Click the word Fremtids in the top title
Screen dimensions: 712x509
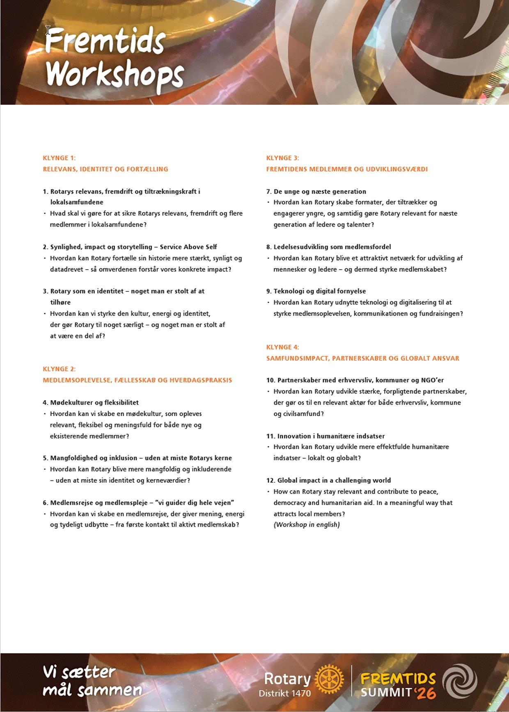[106, 41]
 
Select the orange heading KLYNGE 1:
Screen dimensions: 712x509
[59, 158]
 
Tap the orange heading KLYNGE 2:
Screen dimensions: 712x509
[59, 369]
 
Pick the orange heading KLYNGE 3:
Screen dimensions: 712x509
[282, 158]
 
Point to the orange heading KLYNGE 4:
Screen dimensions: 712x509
[282, 347]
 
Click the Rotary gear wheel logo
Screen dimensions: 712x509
[329, 680]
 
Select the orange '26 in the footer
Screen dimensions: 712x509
[425, 693]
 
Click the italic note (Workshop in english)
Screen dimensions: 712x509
[307, 525]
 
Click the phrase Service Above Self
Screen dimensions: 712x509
[188, 247]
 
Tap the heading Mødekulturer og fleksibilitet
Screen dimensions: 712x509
[94, 403]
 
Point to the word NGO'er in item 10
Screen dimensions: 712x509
[432, 380]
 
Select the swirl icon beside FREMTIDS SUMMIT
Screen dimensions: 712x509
[460, 681]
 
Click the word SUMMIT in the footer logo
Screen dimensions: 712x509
[386, 692]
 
